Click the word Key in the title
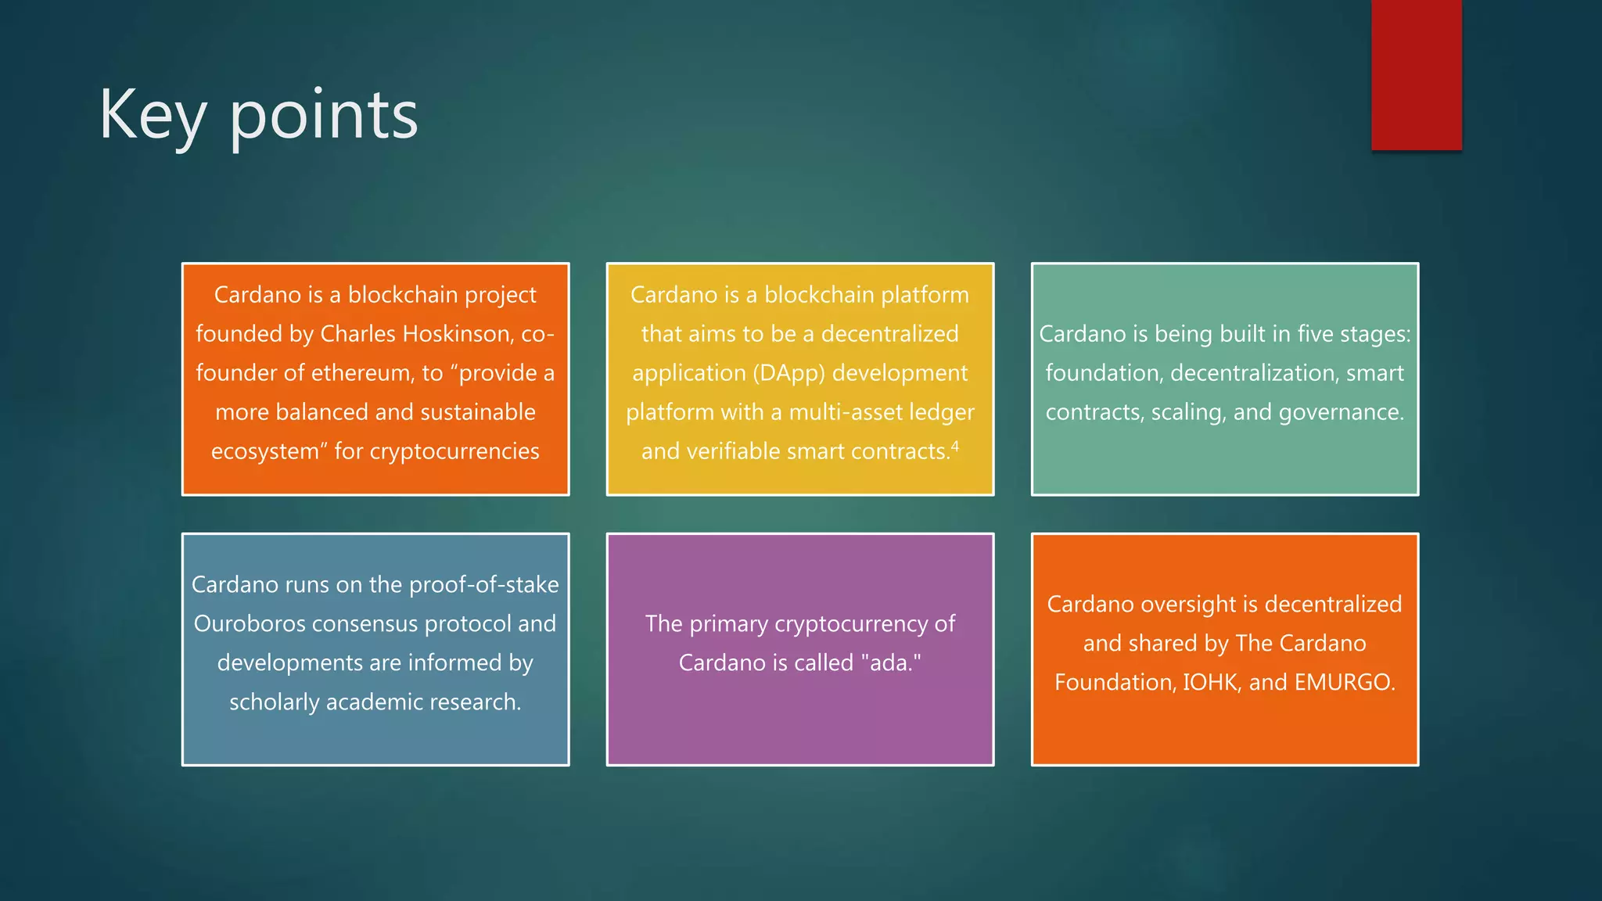click(153, 116)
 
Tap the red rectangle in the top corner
click(1416, 74)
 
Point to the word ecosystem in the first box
click(265, 452)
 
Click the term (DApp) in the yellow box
click(789, 373)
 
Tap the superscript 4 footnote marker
click(955, 446)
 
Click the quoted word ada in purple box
click(890, 663)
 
